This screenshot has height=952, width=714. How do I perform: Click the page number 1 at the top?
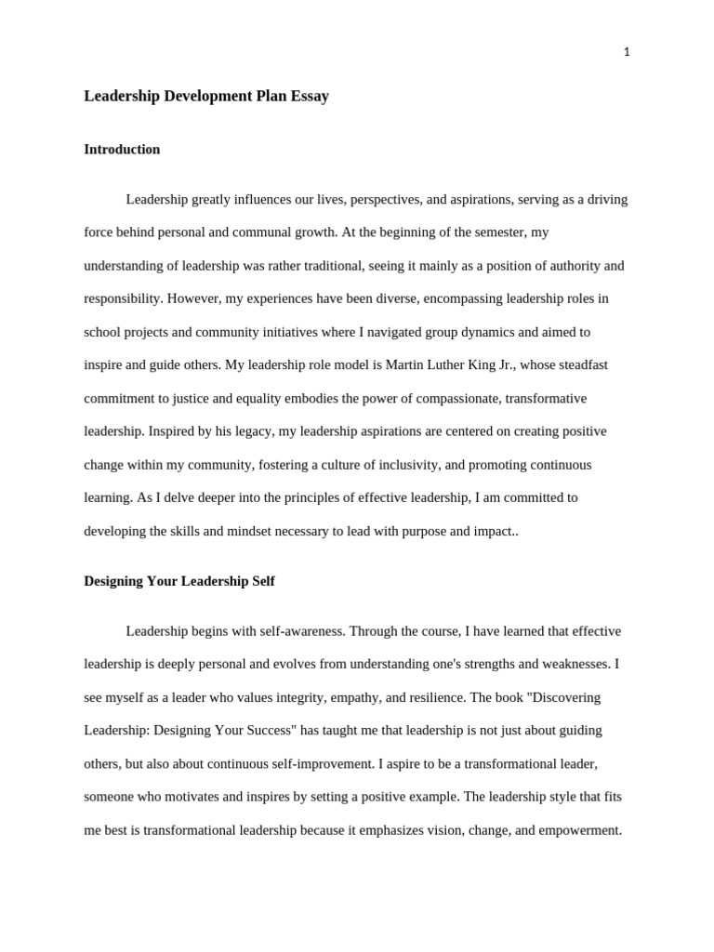pos(627,52)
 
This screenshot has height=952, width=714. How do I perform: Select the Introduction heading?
pos(122,149)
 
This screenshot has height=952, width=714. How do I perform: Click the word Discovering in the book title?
pos(566,697)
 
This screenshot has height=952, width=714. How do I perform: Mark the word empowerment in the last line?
pos(567,830)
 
